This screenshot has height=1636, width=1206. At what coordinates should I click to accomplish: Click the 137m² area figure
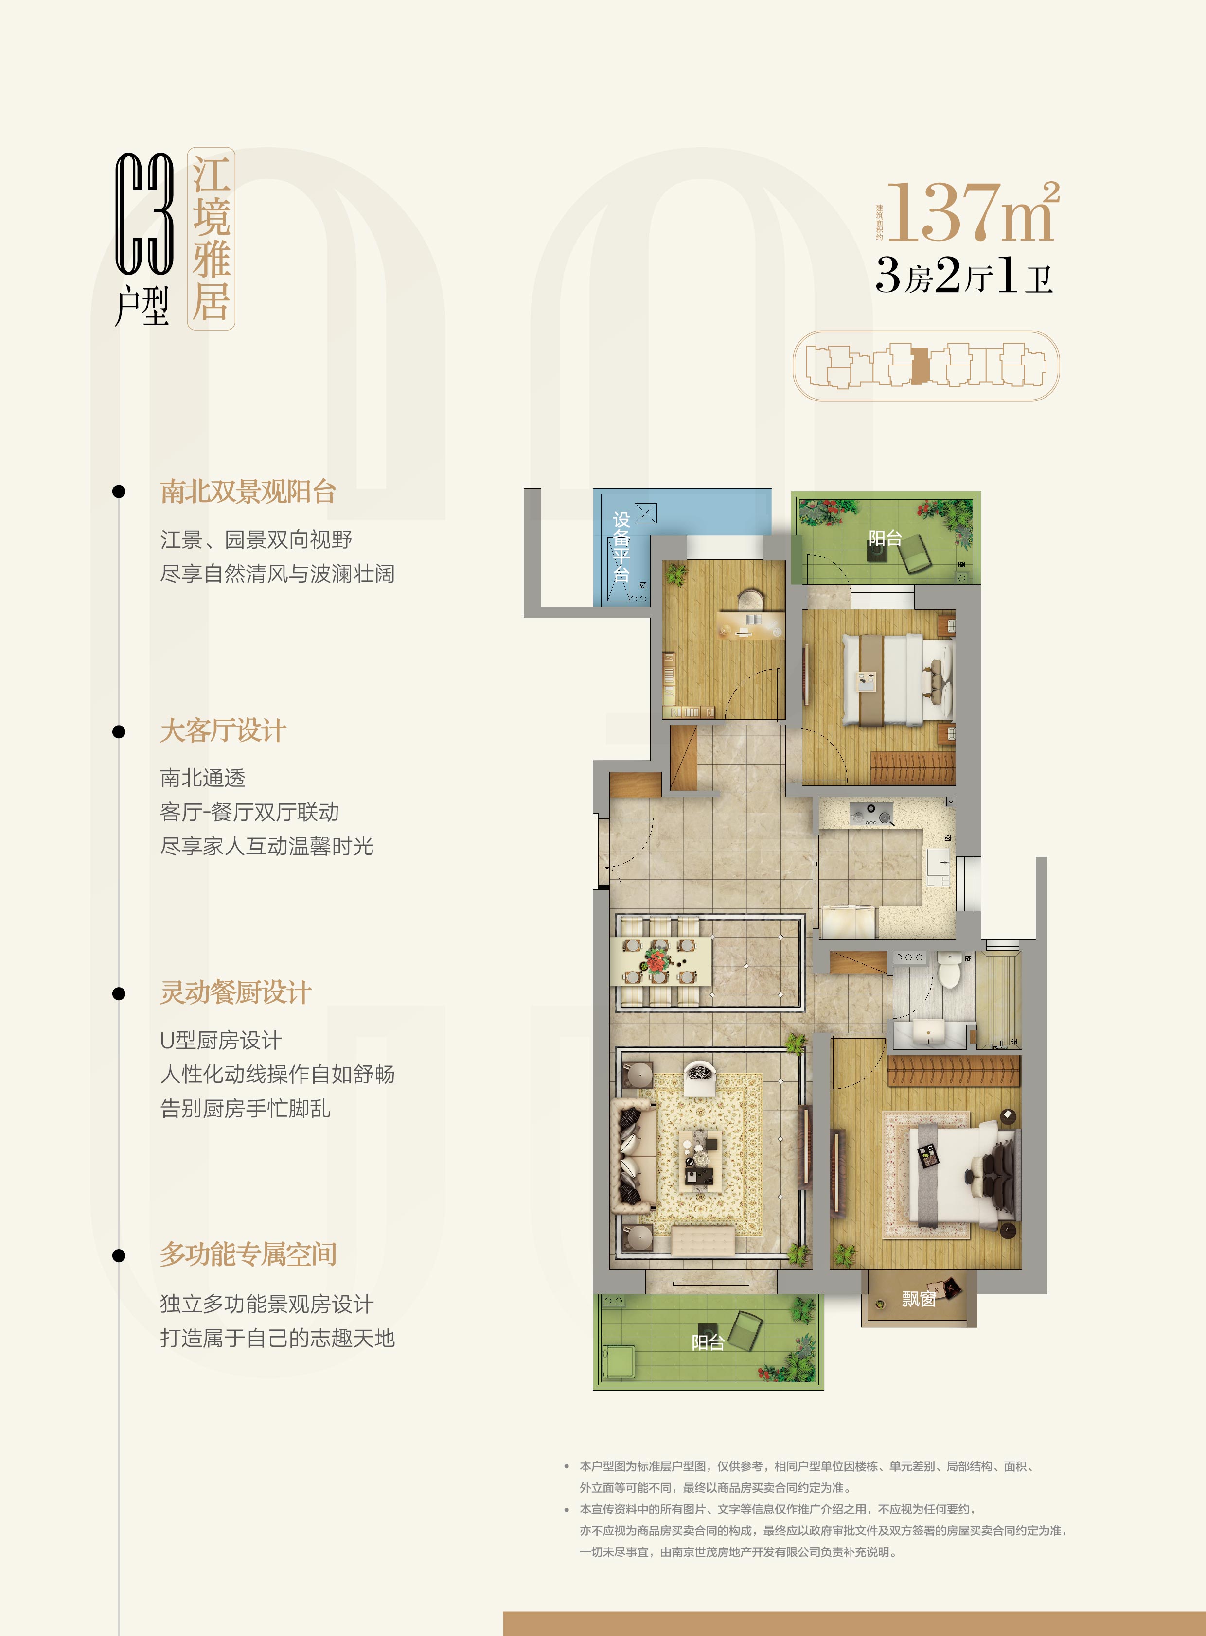point(972,212)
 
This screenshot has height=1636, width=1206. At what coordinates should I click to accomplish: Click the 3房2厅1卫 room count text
point(964,276)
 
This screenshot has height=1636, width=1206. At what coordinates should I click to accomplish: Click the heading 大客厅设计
point(223,731)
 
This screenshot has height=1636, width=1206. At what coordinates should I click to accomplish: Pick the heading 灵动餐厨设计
point(235,992)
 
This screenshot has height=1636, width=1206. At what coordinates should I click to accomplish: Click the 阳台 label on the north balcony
point(885,539)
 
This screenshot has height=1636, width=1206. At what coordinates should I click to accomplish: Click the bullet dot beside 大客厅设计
point(119,731)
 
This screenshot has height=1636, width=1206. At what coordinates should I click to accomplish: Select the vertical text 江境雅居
point(211,239)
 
